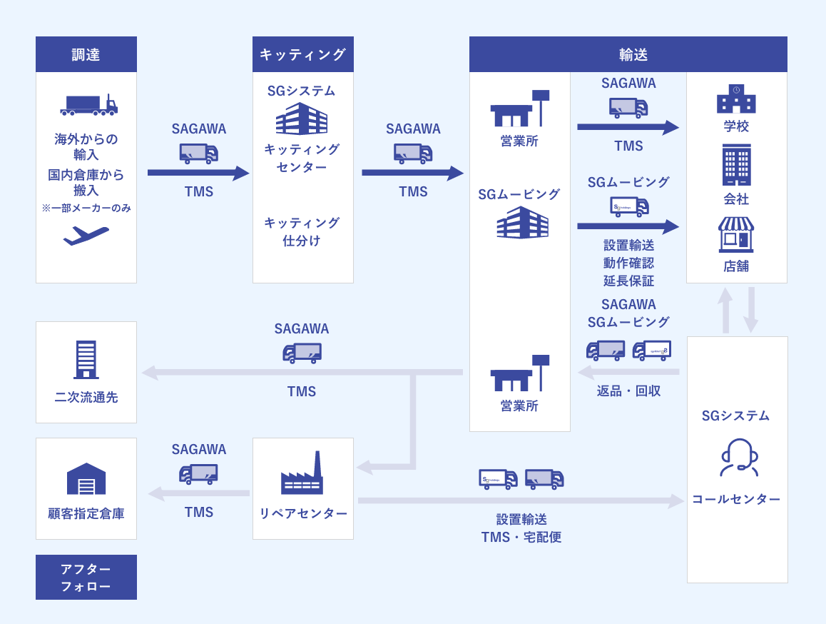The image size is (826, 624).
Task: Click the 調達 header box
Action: point(86,54)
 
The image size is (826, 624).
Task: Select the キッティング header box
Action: point(302,54)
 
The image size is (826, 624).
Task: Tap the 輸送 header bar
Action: point(628,54)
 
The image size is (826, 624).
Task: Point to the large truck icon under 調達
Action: point(88,105)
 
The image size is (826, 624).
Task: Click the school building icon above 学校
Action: point(736,99)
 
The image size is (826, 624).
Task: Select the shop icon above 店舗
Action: point(736,235)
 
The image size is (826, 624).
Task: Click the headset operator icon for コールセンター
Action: point(738,458)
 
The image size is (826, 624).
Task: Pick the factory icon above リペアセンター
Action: point(302,473)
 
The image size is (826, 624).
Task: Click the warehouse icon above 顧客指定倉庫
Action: point(86,478)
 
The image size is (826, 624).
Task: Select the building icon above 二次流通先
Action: point(86,359)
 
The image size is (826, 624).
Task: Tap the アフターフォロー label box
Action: point(86,577)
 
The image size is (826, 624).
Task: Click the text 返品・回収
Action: point(628,391)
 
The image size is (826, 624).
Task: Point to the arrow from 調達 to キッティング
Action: point(198,173)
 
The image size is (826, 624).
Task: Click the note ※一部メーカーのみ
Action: point(86,208)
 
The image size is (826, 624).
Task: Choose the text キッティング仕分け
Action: point(302,231)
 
